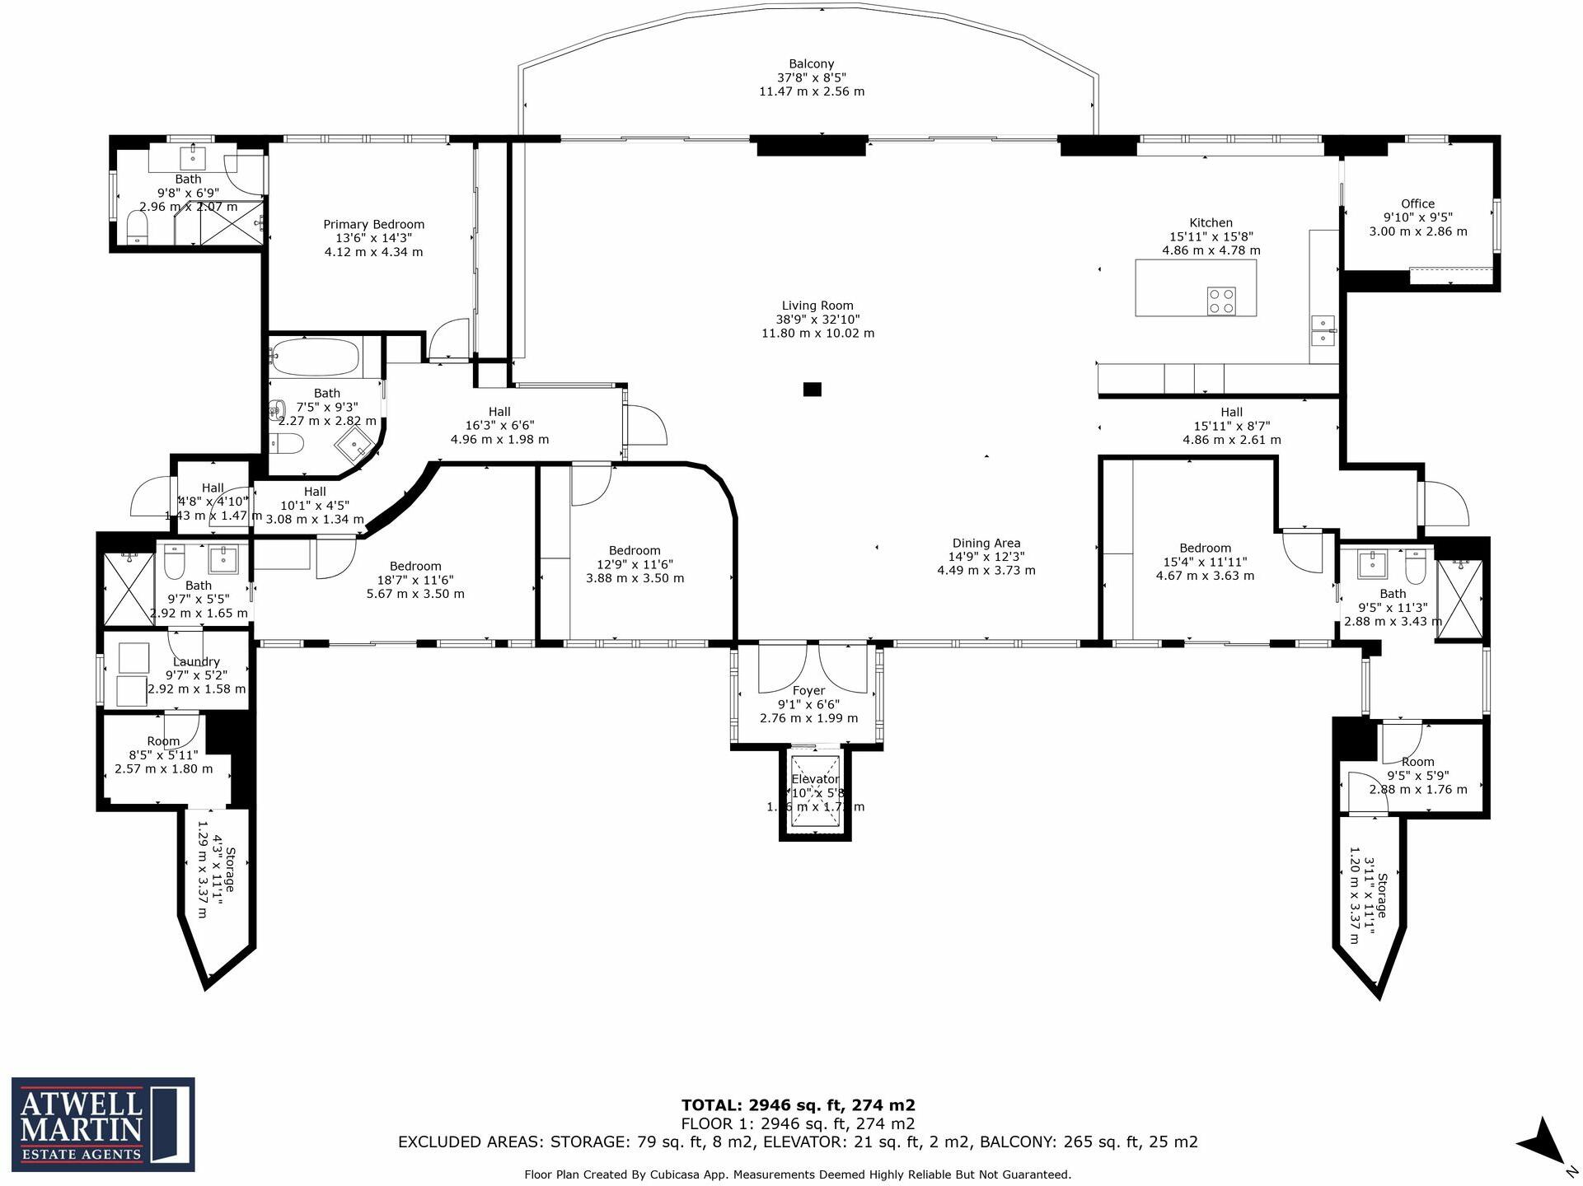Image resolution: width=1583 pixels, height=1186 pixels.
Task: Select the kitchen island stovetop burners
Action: (x=1221, y=301)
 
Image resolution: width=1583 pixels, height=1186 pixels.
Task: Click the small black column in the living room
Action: (x=812, y=390)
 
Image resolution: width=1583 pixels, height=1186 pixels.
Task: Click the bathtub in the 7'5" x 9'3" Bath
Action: (x=315, y=357)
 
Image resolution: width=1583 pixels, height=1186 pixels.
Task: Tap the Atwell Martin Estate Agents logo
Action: (x=103, y=1124)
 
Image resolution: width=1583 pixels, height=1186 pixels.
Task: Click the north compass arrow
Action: (x=1541, y=1144)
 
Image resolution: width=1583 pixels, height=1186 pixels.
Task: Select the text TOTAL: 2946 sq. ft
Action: (x=798, y=1105)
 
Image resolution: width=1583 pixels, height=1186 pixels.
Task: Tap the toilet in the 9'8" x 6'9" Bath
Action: (x=137, y=226)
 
